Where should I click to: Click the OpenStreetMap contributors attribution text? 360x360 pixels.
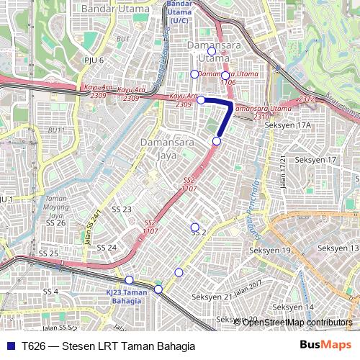297,322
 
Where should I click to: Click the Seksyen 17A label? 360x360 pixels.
287,125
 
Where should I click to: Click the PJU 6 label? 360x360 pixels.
94,60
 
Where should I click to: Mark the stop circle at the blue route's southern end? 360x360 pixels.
217,141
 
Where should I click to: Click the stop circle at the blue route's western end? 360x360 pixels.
201,100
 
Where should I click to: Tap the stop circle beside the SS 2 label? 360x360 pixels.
194,227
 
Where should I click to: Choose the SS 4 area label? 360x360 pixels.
50,291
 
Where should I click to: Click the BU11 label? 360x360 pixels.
56,130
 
